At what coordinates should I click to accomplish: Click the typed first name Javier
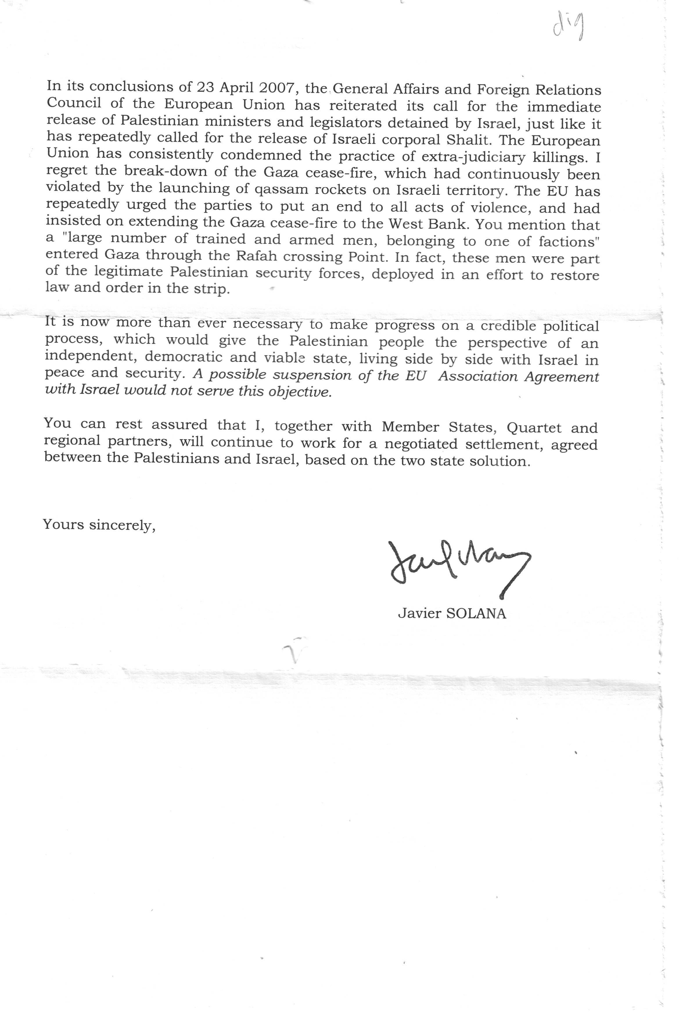pyautogui.click(x=419, y=614)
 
